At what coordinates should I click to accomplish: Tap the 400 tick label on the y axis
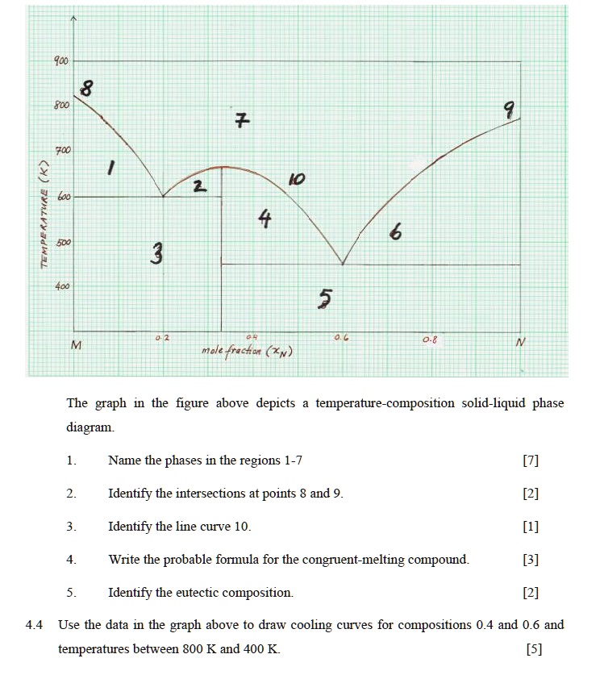(x=62, y=286)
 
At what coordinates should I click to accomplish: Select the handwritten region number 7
(x=241, y=122)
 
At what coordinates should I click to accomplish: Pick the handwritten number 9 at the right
(x=508, y=110)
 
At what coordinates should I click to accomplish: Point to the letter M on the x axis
(x=77, y=345)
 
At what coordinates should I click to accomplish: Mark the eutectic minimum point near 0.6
(x=343, y=264)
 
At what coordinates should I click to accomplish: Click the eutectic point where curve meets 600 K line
(x=164, y=196)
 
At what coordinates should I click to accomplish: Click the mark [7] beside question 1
(x=530, y=460)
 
